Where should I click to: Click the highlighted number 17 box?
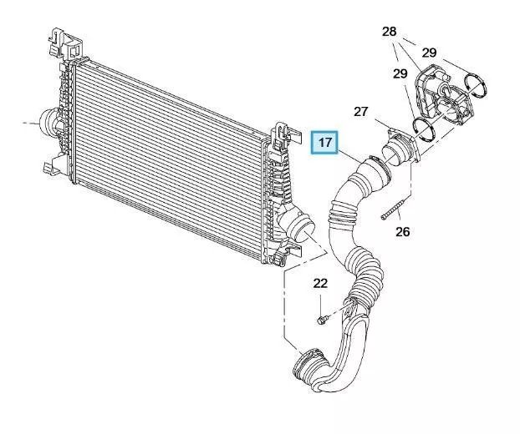click(x=324, y=143)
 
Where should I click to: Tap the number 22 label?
click(x=320, y=284)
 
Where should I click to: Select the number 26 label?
click(x=403, y=232)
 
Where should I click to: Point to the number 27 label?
click(x=361, y=112)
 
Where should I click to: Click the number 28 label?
click(x=390, y=32)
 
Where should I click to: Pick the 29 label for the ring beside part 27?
click(x=400, y=73)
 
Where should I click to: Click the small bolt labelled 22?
click(x=323, y=320)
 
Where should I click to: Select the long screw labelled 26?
click(x=395, y=209)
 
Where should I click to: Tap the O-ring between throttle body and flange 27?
click(x=424, y=129)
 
